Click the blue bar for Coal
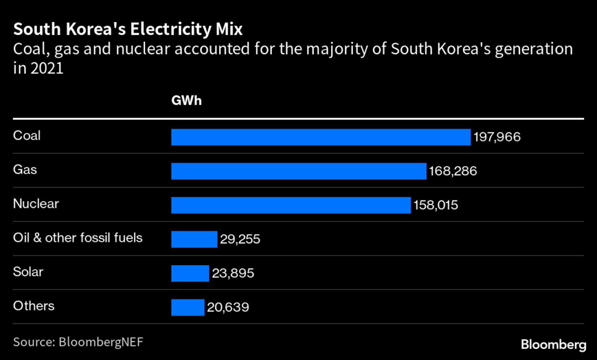point(321,137)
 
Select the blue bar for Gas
point(298,171)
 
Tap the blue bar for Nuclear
point(291,205)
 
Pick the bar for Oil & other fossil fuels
point(194,239)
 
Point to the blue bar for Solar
point(190,273)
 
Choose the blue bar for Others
point(188,307)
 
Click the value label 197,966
point(497,137)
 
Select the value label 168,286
point(453,171)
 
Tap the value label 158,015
point(437,206)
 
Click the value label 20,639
point(228,307)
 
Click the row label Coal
point(27,136)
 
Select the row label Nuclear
point(36,204)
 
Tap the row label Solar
point(28,272)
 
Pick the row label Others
point(33,306)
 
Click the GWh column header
point(186,101)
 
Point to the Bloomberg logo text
point(553,344)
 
